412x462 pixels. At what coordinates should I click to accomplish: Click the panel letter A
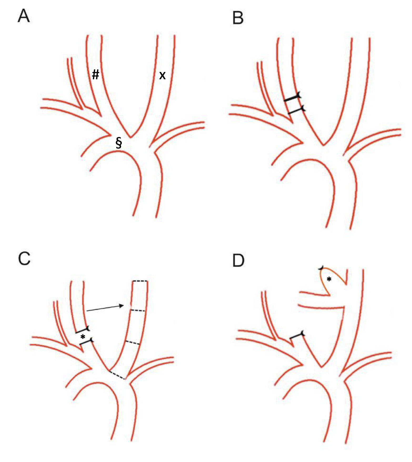[x=24, y=16]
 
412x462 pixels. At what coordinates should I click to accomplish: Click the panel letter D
[x=238, y=260]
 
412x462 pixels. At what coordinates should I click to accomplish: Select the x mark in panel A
[x=163, y=76]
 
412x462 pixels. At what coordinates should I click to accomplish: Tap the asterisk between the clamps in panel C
[x=83, y=337]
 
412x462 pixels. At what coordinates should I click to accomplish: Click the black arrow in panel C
[x=105, y=308]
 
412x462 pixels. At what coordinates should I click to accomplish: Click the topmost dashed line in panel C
[x=140, y=281]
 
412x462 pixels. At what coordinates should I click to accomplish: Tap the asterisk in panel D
[x=329, y=280]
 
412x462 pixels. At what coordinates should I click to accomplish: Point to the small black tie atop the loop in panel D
[x=321, y=268]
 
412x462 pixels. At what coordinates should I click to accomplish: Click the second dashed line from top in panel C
[x=138, y=311]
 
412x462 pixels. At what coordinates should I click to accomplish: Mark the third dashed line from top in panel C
[x=133, y=342]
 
